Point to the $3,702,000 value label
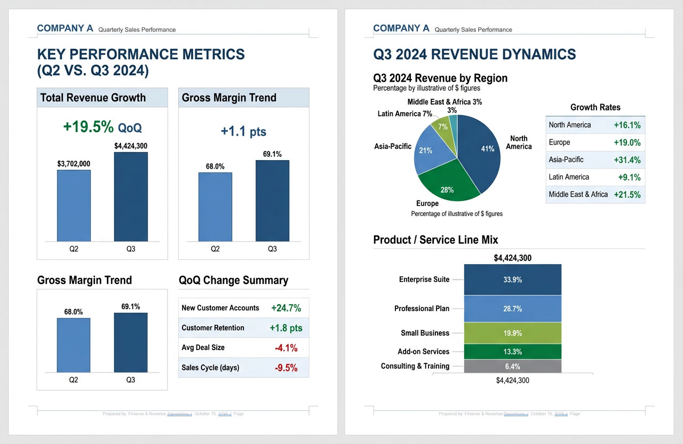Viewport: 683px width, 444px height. [74, 164]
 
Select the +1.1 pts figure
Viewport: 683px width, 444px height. [243, 131]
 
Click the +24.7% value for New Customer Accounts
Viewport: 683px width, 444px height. [286, 308]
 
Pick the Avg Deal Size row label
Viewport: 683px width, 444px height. [203, 348]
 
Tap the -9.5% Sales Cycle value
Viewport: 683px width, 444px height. [286, 368]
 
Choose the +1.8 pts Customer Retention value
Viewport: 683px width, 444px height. [286, 328]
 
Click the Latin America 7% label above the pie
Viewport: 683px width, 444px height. [404, 114]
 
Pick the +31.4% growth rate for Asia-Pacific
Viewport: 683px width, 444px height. [627, 160]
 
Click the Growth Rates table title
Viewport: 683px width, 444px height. [595, 107]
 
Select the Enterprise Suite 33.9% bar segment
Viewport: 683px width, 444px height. [512, 280]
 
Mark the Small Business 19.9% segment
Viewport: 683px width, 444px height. [512, 333]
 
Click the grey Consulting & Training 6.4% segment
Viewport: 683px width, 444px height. [512, 367]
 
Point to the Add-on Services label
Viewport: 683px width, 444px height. [423, 352]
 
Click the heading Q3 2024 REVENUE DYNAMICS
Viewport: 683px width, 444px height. [474, 54]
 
